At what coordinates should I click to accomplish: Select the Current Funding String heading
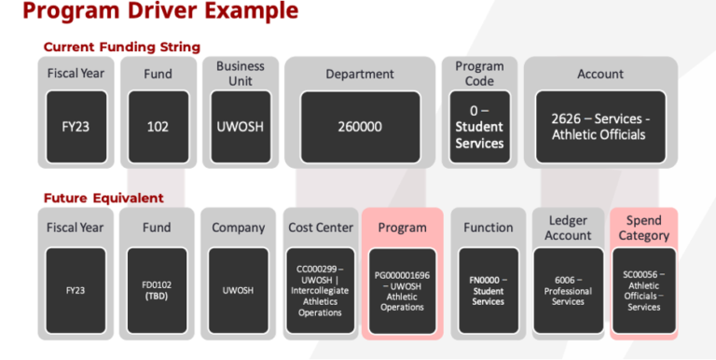point(121,47)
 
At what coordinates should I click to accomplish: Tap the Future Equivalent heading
point(103,198)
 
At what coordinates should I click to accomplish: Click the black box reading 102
point(158,126)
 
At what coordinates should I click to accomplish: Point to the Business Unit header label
point(241,74)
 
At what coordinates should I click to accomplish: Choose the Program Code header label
point(479,74)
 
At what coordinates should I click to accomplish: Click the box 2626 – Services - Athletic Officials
point(600,126)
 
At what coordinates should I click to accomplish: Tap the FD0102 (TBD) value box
point(158,289)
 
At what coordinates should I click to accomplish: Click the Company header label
point(239,228)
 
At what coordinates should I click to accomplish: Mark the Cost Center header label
point(319,228)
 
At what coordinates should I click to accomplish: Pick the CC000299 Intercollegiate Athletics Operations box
point(320,289)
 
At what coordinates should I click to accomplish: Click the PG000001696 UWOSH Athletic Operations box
point(402,289)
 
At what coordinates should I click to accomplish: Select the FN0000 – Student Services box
point(488,289)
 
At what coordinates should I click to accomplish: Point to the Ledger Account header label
point(568,228)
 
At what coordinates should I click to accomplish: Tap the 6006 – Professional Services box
point(568,289)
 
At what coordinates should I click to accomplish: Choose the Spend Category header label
point(643,228)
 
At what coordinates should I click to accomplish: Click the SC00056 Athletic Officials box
point(643,289)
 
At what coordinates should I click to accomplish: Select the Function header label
point(488,228)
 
